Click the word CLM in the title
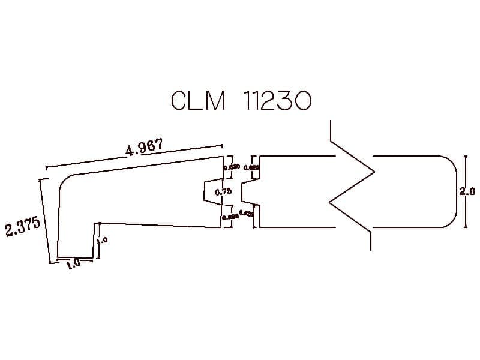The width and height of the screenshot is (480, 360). [198, 101]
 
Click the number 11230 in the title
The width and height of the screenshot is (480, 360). [278, 101]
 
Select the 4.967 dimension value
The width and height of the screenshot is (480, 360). [144, 148]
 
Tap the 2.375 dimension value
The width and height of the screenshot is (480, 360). [23, 228]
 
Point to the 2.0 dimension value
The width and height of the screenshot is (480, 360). [467, 192]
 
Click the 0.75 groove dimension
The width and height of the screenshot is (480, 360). [223, 191]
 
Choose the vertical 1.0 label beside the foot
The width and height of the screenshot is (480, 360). [103, 240]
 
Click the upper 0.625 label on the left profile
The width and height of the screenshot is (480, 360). [232, 167]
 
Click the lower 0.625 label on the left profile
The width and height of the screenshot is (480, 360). [230, 217]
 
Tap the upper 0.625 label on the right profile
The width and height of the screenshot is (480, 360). [251, 167]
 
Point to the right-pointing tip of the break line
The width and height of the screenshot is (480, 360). [374, 173]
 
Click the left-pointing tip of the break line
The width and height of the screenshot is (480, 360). [330, 203]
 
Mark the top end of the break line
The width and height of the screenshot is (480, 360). [331, 122]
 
